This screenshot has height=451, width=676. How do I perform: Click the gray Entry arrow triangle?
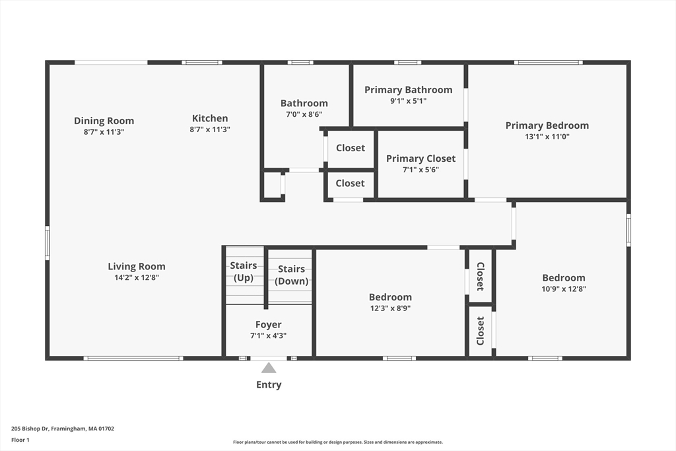tap(269, 368)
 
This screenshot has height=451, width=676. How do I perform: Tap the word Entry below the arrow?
tap(269, 384)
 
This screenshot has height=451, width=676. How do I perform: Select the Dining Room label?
tap(104, 121)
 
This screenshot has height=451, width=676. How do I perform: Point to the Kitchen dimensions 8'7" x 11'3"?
tap(210, 129)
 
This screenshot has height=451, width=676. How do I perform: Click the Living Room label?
tap(137, 267)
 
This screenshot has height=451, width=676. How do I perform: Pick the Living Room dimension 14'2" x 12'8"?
tap(137, 278)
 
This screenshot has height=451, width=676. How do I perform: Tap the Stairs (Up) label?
tap(244, 271)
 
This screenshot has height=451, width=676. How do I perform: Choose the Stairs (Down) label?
tap(291, 275)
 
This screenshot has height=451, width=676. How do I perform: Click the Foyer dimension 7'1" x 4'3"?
tap(269, 335)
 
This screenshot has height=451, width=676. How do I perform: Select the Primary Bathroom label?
tap(408, 90)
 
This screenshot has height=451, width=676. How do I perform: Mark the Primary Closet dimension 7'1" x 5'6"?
tap(421, 170)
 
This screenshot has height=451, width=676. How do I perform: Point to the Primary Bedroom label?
tap(547, 125)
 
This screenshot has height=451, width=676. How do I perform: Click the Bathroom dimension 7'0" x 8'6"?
tap(304, 114)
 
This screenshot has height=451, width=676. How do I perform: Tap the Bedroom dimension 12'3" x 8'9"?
tap(390, 308)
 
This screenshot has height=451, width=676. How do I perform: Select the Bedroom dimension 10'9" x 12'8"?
tap(564, 289)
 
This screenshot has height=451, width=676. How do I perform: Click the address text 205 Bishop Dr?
tap(30, 429)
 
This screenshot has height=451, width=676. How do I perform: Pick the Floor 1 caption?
tap(20, 440)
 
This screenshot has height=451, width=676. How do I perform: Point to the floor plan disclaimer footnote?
tap(338, 442)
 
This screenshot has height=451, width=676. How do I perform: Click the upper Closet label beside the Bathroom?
tap(351, 148)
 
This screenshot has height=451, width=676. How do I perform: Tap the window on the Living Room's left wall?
tap(48, 243)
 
